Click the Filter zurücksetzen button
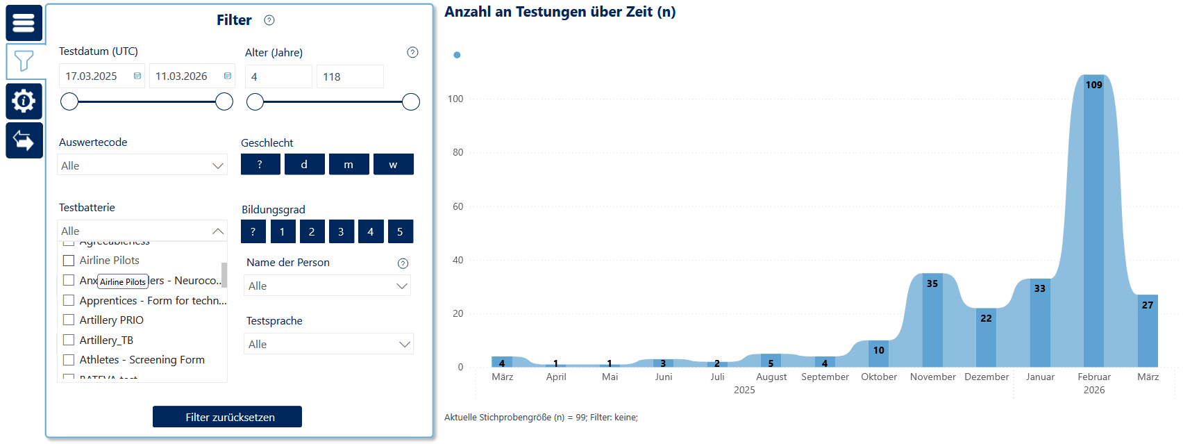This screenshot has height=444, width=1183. [x=227, y=417]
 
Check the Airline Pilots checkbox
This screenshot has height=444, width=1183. [x=69, y=261]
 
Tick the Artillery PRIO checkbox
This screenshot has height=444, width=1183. [x=69, y=320]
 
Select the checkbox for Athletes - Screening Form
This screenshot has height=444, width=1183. [x=69, y=360]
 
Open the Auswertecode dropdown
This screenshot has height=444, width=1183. [x=142, y=165]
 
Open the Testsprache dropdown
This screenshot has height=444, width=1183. [x=328, y=344]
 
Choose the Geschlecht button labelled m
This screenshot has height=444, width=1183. [x=349, y=165]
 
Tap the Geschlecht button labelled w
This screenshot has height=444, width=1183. [x=393, y=165]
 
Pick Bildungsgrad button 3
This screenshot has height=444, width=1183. [x=341, y=232]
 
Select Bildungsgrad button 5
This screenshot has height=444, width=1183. [x=400, y=232]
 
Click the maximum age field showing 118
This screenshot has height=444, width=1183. [x=349, y=77]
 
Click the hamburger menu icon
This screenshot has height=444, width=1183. [x=24, y=23]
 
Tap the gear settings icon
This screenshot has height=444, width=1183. [x=24, y=101]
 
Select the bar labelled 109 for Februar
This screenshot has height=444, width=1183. [x=1093, y=222]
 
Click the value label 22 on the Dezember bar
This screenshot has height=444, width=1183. [x=986, y=318]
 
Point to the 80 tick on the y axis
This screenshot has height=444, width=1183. [x=458, y=153]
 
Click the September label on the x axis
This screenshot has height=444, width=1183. [x=825, y=377]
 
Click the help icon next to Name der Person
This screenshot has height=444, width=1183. [x=403, y=263]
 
